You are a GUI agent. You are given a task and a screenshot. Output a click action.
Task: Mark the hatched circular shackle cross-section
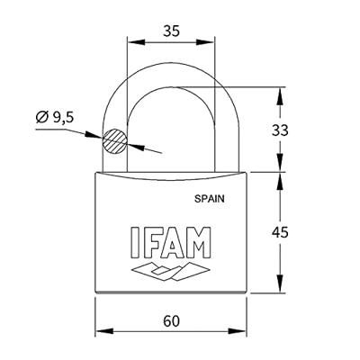(x=114, y=141)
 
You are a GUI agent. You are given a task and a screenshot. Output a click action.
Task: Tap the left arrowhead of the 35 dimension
(x=130, y=40)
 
